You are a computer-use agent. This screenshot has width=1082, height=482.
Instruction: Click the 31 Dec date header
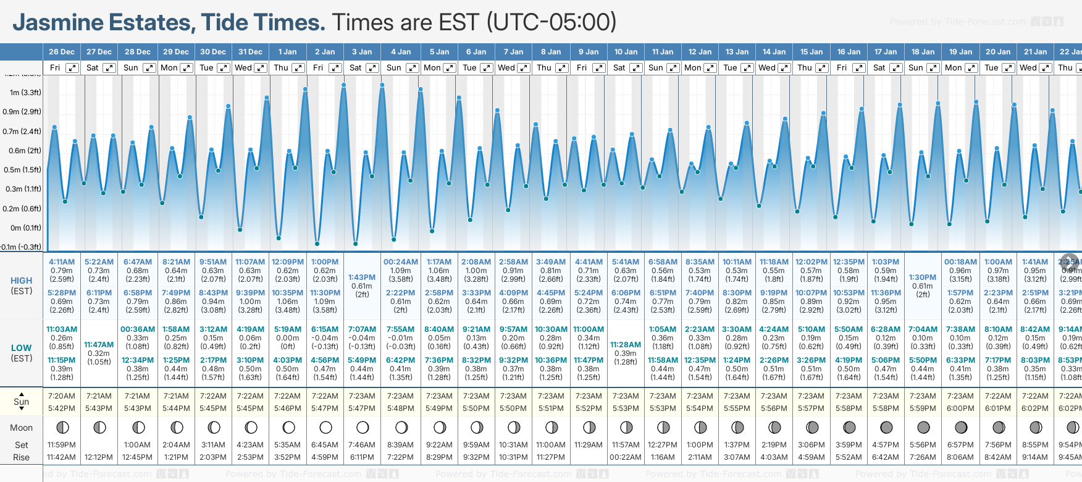[250, 52]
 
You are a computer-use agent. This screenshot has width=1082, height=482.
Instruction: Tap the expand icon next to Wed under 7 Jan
[524, 68]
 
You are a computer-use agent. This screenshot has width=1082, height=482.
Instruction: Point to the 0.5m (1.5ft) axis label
[22, 170]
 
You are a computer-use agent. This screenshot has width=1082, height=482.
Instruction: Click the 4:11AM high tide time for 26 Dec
[62, 262]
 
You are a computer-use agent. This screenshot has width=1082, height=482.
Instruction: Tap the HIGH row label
[22, 281]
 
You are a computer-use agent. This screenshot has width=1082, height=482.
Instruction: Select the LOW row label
[22, 348]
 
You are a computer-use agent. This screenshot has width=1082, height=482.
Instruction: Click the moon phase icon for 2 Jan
[325, 427]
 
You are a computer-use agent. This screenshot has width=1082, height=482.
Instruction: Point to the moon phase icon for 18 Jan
[923, 427]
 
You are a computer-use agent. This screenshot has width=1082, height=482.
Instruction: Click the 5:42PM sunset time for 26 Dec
[62, 408]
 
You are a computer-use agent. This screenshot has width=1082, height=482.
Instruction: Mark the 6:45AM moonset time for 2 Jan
[325, 445]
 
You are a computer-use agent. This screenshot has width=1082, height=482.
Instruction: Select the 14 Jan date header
[774, 52]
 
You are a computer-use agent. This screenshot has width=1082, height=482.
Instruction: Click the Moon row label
[22, 428]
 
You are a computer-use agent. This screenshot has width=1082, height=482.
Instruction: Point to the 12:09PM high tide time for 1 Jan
[288, 262]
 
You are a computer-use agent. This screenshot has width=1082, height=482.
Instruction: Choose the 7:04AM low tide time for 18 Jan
[923, 329]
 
